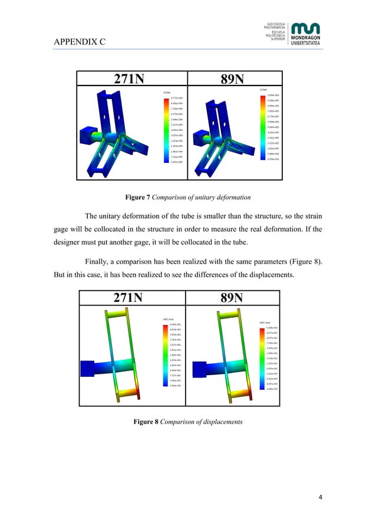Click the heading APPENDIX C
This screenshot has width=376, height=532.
coord(80,42)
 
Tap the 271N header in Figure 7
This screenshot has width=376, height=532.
coord(133,80)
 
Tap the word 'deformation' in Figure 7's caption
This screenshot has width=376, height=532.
coord(226,195)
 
